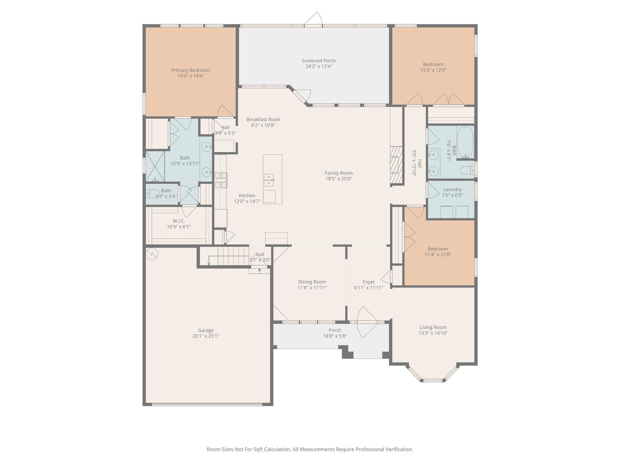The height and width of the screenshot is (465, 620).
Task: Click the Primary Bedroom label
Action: pyautogui.click(x=190, y=70)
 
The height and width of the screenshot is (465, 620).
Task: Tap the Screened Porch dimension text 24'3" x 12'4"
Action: pyautogui.click(x=318, y=66)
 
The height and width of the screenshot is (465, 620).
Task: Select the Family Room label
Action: pyautogui.click(x=338, y=173)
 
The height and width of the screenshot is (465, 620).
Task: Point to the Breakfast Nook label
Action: pyautogui.click(x=263, y=120)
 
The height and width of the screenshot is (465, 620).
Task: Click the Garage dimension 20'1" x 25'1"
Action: pyautogui.click(x=206, y=336)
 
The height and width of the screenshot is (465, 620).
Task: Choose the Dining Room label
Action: pyautogui.click(x=312, y=282)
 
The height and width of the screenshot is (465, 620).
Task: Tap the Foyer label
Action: pyautogui.click(x=368, y=282)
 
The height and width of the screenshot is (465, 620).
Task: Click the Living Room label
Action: pyautogui.click(x=433, y=327)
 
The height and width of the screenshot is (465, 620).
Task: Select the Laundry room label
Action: pyautogui.click(x=452, y=190)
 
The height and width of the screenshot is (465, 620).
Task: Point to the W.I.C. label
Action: pyautogui.click(x=179, y=221)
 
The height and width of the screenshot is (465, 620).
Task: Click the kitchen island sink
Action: pyautogui.click(x=269, y=180)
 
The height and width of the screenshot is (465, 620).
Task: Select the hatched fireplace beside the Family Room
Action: pyautogui.click(x=396, y=165)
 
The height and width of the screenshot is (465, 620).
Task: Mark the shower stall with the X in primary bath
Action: pyautogui.click(x=155, y=166)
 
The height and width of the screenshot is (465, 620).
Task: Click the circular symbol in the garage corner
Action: pyautogui.click(x=152, y=254)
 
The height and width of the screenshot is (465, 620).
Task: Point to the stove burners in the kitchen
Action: pyautogui.click(x=221, y=180)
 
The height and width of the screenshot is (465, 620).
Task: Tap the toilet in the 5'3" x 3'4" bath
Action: pyautogui.click(x=153, y=193)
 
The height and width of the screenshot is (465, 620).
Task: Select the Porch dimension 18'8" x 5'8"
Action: pyautogui.click(x=335, y=336)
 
